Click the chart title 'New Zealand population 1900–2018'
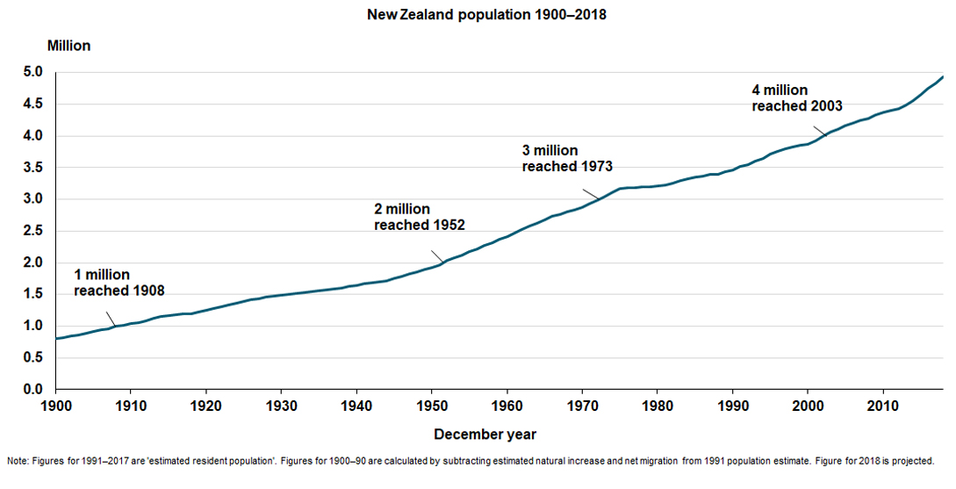tap(478, 15)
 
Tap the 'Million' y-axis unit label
tap(68, 45)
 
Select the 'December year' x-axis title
tap(485, 435)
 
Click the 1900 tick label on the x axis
tap(55, 406)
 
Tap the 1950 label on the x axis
tap(431, 406)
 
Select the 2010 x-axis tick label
tap(882, 406)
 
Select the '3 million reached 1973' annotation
tap(566, 158)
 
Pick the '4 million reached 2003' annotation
tap(796, 97)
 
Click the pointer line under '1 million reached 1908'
tap(111, 319)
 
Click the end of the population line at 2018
tap(943, 77)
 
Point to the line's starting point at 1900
tap(56, 338)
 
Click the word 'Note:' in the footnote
tap(18, 460)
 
